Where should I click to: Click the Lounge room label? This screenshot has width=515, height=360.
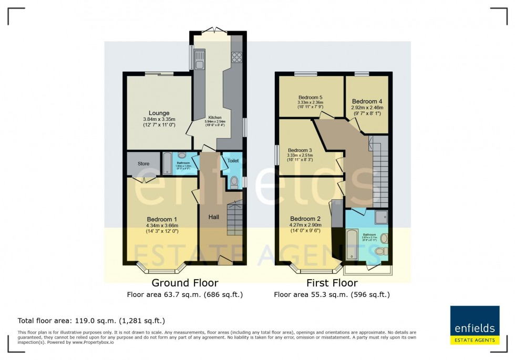click(159, 113)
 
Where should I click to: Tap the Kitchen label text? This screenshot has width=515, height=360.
click(214, 118)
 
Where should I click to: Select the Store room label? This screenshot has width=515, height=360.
click(143, 164)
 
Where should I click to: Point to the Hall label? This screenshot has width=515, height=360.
click(213, 217)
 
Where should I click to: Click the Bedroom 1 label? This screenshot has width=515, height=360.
click(161, 219)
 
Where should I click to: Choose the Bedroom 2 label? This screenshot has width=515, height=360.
click(305, 219)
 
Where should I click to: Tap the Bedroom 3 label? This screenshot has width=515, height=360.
click(300, 150)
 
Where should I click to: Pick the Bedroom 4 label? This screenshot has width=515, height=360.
click(367, 101)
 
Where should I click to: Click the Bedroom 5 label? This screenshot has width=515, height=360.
click(310, 98)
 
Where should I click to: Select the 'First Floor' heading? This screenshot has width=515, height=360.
click(332, 283)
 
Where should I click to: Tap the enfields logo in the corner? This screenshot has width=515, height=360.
click(474, 325)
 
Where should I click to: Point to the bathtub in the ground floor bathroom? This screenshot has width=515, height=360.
click(167, 163)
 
